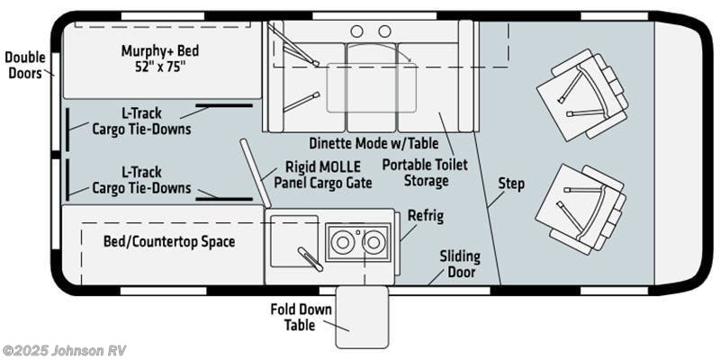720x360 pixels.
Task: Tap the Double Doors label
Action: pyautogui.click(x=25, y=65)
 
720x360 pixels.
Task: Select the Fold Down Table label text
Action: pyautogui.click(x=301, y=317)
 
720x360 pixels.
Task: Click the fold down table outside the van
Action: pyautogui.click(x=362, y=317)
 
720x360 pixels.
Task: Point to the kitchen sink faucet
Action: pyautogui.click(x=310, y=258)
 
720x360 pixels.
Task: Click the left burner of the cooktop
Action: pyautogui.click(x=343, y=242)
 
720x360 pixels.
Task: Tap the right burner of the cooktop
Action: pyautogui.click(x=373, y=242)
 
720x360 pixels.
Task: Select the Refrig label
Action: pyautogui.click(x=426, y=216)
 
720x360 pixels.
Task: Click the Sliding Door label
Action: pyautogui.click(x=460, y=264)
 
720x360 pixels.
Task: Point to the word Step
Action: pyautogui.click(x=511, y=184)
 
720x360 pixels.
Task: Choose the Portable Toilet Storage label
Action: pyautogui.click(x=425, y=173)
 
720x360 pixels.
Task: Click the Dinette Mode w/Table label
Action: pyautogui.click(x=373, y=143)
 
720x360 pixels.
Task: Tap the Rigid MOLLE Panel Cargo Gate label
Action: pyautogui.click(x=323, y=175)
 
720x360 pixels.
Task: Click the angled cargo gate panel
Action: pyautogui.click(x=256, y=173)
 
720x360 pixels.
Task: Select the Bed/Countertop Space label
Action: pyautogui.click(x=169, y=241)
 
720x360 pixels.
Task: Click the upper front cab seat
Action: pyautogui.click(x=582, y=94)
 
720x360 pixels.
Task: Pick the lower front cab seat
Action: pyautogui.click(x=580, y=210)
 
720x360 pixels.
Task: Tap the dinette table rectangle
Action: pyautogui.click(x=372, y=87)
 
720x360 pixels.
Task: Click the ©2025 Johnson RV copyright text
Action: pyautogui.click(x=64, y=350)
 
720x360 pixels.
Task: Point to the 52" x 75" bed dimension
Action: pyautogui.click(x=160, y=66)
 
